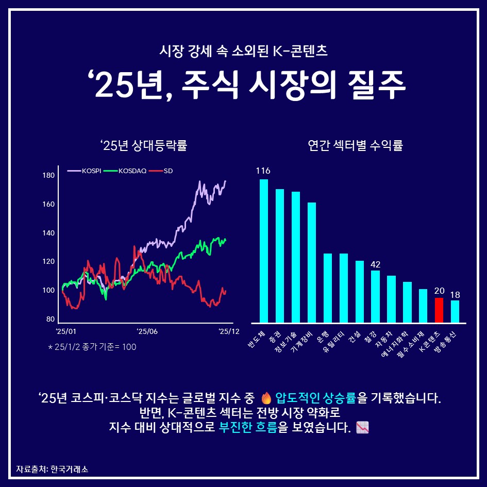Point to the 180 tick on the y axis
click(48, 176)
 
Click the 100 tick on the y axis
click(48, 291)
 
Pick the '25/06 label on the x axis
click(147, 331)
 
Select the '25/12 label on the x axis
click(229, 331)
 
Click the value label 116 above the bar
click(263, 171)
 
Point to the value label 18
click(455, 295)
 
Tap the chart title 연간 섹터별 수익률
click(355, 146)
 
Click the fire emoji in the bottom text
click(266, 398)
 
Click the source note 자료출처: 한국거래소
click(52, 469)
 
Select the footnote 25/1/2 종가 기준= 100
click(92, 347)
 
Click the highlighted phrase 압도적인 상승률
click(315, 398)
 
